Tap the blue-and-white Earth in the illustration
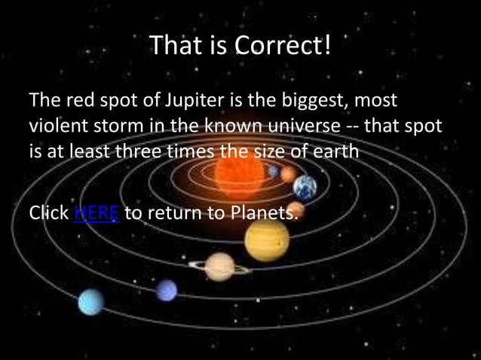pyautogui.click(x=305, y=187)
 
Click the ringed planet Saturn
pyautogui.click(x=219, y=266)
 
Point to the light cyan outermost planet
pyautogui.click(x=90, y=302)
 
